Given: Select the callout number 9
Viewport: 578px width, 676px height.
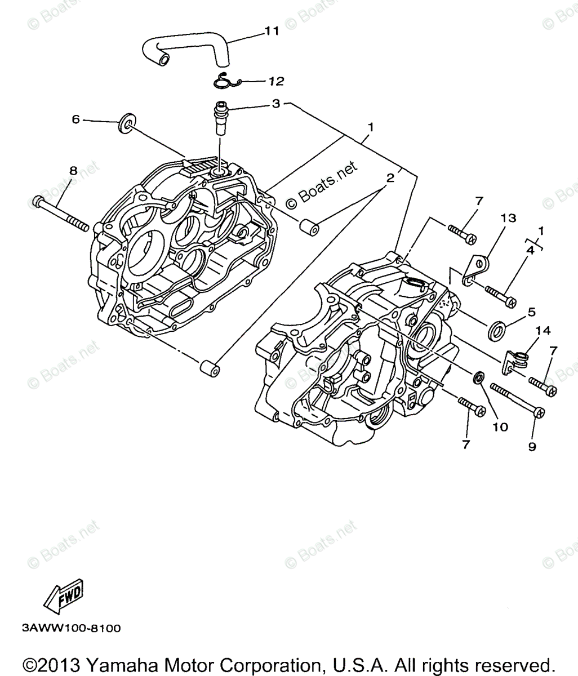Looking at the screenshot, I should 531,446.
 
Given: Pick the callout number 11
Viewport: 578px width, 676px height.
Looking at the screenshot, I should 272,31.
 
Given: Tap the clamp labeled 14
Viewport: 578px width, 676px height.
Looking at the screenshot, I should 516,361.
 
